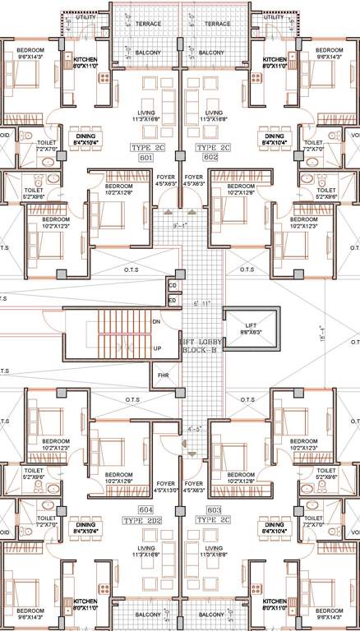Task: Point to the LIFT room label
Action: tap(249, 326)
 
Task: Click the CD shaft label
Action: tap(173, 285)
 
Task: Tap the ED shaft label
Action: tap(173, 301)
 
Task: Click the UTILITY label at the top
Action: tap(85, 16)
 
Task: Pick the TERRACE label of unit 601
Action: tap(149, 24)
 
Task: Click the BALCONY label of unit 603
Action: tap(211, 613)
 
